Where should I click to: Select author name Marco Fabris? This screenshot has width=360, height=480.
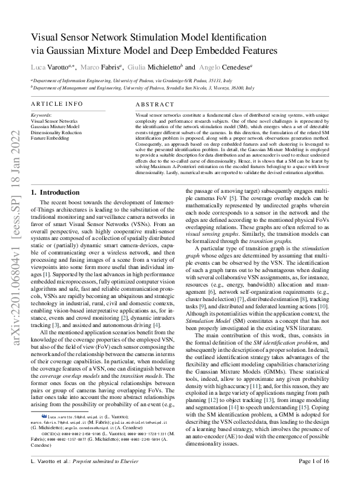(100, 68)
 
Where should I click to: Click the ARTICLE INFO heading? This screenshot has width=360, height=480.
(57, 104)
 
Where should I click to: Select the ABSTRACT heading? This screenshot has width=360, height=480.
(154, 104)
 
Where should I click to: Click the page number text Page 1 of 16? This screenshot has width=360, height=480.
(310, 461)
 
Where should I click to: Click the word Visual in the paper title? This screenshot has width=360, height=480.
(49, 37)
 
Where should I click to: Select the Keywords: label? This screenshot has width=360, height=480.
(41, 114)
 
